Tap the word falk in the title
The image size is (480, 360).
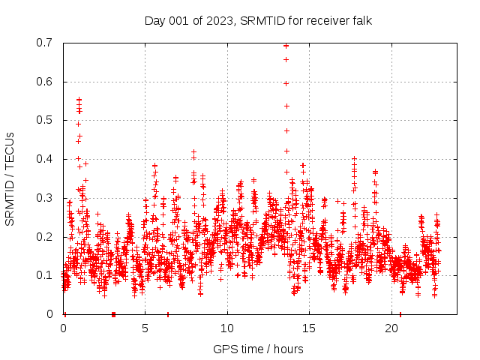359,20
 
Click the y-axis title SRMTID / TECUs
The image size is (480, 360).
10,178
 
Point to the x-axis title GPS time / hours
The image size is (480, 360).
258,349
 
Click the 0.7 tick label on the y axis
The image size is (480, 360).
47,43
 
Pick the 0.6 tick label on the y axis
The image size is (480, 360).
47,82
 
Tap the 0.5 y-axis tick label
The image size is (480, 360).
47,120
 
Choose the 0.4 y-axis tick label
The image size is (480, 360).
47,159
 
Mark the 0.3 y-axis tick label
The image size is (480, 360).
47,198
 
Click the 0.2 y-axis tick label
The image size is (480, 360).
47,236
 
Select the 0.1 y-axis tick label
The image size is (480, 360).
47,275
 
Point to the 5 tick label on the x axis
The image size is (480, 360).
145,328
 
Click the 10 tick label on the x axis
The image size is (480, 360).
227,328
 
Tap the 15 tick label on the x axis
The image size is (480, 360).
309,328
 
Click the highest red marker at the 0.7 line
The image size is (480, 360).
286,46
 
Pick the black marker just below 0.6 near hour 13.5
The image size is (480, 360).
286,83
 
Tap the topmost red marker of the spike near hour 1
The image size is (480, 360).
79,99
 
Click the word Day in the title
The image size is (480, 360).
154,20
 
